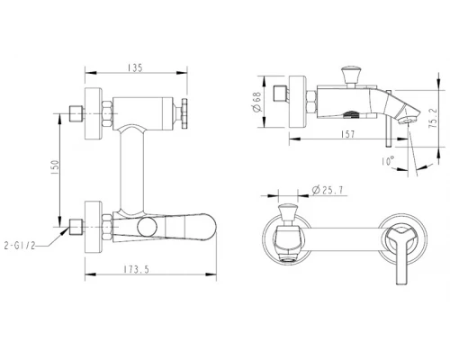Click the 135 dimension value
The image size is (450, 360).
[x=135, y=67]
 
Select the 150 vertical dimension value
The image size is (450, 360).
[x=56, y=167]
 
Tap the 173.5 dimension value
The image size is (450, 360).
[x=137, y=269]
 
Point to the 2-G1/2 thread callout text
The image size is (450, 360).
[x=20, y=246]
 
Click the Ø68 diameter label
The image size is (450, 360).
[x=257, y=102]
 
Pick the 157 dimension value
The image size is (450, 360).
[x=348, y=134]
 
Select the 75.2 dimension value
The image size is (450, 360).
[x=433, y=118]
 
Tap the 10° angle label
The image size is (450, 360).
[x=387, y=161]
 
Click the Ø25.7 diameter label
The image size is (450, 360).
[x=328, y=190]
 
